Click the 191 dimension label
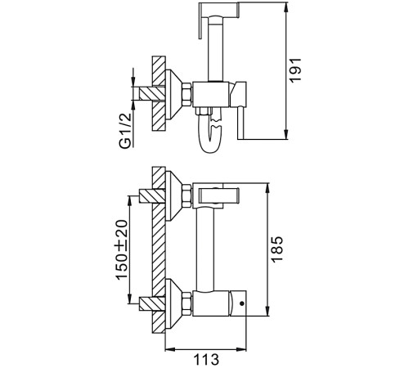coord(295,70)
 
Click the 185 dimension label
coord(276,249)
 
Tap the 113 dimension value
coord(206,359)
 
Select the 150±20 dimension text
coord(122,249)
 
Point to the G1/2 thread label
coord(125,130)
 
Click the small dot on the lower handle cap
coord(241,303)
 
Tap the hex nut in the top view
coord(187,94)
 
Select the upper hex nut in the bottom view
coord(187,196)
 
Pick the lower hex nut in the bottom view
coord(187,303)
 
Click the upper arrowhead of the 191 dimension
coord(286,7)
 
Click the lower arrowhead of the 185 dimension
coord(267,312)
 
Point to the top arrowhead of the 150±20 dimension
coord(130,200)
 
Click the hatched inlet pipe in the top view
coord(152,93)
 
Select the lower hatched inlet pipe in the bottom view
coord(152,303)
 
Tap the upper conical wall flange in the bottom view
coord(173,196)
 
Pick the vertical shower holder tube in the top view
coord(215,49)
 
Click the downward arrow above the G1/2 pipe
coord(133,77)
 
